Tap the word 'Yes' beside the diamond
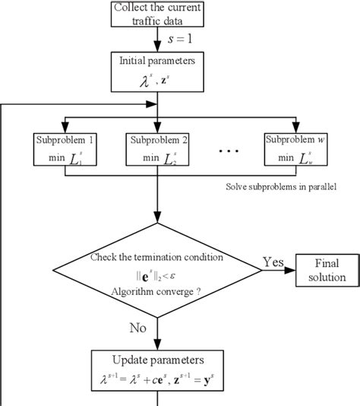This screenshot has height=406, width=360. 273,262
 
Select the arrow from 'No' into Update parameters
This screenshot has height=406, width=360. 157,338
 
